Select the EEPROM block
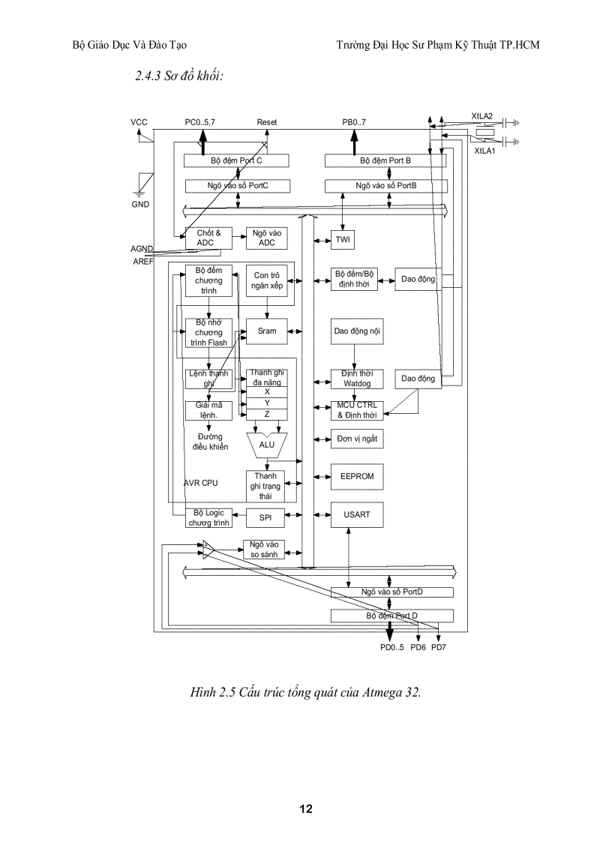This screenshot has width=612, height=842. [357, 477]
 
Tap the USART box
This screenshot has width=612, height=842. [357, 515]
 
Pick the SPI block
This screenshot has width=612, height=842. [265, 517]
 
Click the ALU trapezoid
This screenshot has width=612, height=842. [267, 445]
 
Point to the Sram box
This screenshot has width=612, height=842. [267, 331]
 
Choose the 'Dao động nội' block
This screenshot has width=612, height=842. [357, 331]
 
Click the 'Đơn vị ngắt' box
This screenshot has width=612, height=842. [357, 439]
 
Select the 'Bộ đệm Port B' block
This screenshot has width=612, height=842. [385, 161]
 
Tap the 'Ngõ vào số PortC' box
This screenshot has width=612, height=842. [238, 185]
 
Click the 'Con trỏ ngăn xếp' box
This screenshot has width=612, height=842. [267, 280]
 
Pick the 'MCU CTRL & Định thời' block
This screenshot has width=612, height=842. [357, 409]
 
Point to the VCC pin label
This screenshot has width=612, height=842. [139, 121]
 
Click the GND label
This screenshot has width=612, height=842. [139, 204]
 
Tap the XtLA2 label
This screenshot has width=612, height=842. [481, 115]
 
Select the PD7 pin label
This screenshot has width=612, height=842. [439, 647]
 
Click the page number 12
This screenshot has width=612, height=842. [306, 808]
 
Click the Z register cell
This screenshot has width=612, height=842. [267, 414]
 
